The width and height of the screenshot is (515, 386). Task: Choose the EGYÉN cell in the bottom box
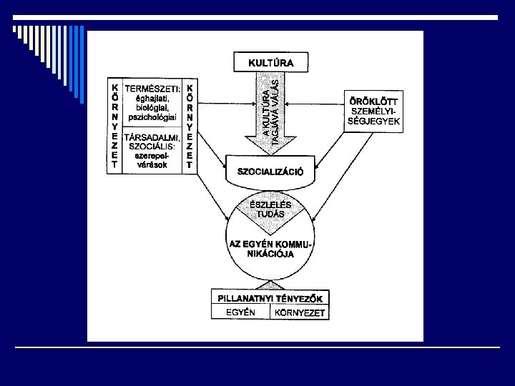[x=240, y=313]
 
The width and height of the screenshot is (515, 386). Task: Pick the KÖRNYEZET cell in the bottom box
[x=299, y=313]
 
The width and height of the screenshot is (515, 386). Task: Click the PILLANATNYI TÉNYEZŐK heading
[x=270, y=298]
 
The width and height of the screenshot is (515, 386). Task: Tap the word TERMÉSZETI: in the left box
[x=152, y=88]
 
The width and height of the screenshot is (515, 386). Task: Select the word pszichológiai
[x=152, y=116]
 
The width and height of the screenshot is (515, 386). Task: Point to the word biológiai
[x=152, y=107]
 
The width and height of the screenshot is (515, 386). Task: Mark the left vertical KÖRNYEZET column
[x=114, y=125]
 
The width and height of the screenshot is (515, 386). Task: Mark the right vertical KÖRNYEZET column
[x=189, y=125]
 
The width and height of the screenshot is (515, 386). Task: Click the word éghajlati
[x=152, y=97]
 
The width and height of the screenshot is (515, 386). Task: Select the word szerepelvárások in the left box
[x=152, y=159]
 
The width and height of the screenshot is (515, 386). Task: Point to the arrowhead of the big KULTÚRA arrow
[x=270, y=149]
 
